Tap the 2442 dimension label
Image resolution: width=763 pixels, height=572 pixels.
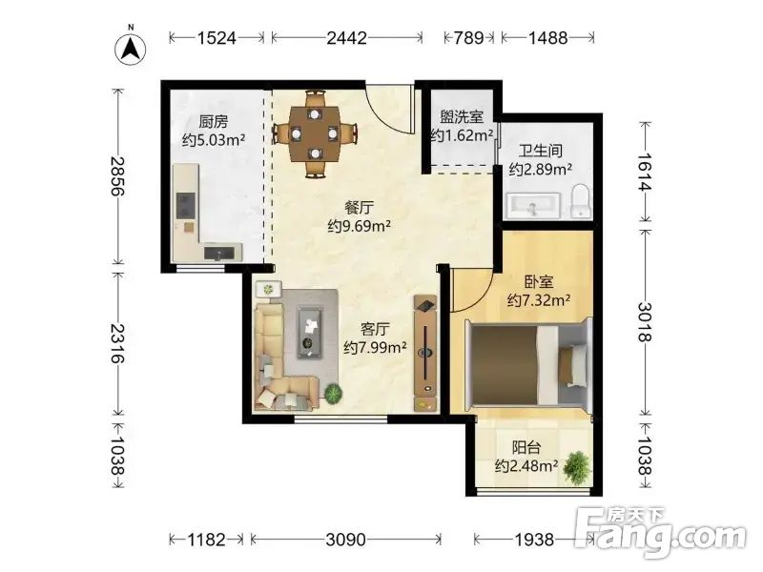[346, 38]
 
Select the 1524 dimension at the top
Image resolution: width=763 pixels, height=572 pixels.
[217, 38]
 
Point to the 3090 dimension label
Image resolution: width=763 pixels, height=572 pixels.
[345, 540]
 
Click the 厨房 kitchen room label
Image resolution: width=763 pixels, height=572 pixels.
[214, 122]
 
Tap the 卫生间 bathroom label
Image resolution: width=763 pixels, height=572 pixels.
[539, 151]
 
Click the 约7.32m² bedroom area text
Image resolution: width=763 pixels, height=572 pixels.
[539, 301]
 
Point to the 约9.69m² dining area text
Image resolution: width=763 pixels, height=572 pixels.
[360, 226]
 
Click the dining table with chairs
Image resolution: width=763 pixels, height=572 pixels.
[316, 133]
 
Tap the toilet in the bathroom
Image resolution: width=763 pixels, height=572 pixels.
[578, 201]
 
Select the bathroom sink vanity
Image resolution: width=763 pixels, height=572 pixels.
[532, 205]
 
